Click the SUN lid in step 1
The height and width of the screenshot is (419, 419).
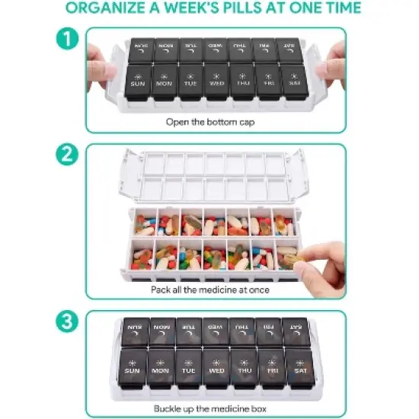(139, 79)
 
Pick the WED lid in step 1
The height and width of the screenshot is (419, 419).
(216, 79)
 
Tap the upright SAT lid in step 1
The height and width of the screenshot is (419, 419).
(293, 79)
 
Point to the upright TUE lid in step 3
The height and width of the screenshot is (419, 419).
(188, 368)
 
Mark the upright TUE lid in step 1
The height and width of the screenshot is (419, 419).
(190, 79)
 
